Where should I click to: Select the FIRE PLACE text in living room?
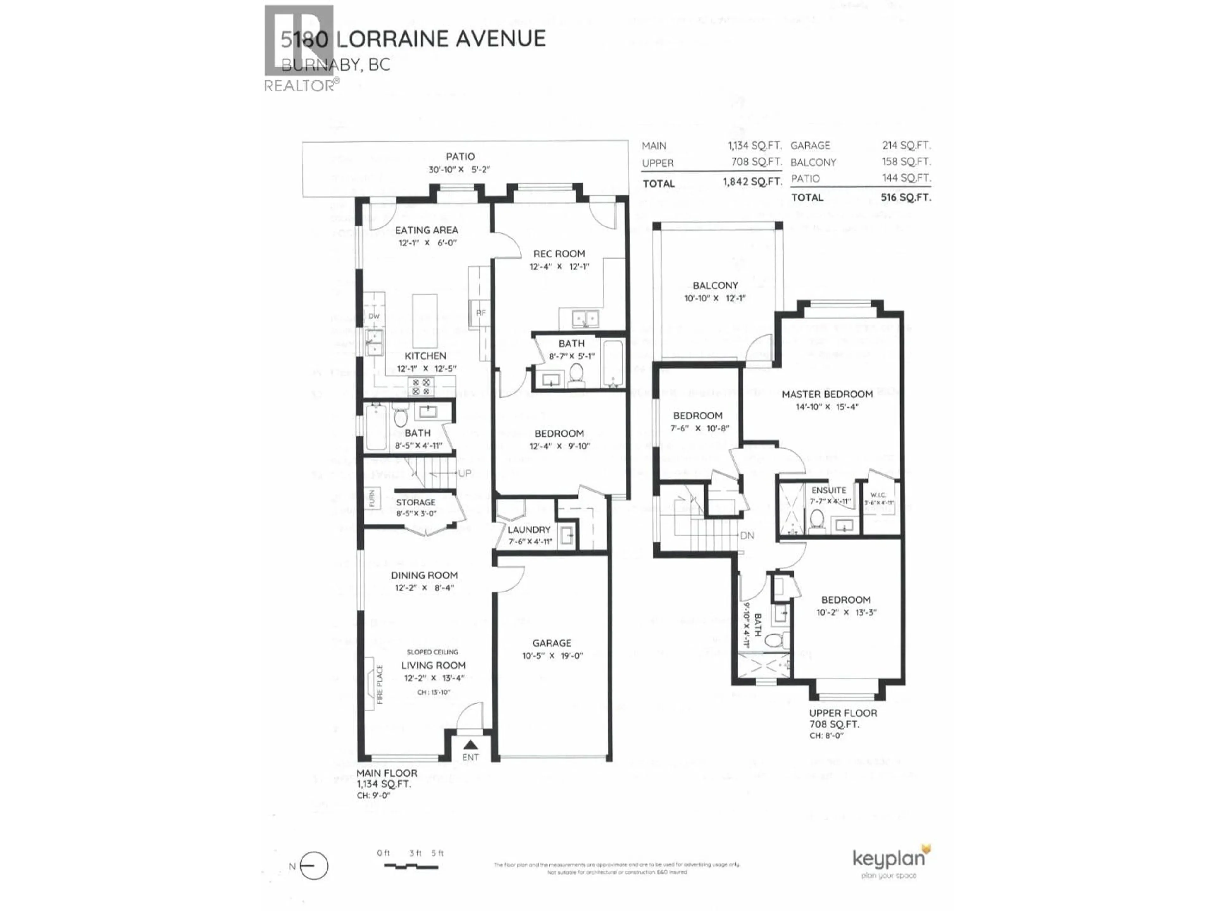[380, 684]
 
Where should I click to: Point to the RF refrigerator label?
[481, 313]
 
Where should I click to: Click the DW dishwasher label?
[374, 316]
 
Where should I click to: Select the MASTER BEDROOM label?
[827, 394]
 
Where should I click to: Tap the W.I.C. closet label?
[878, 495]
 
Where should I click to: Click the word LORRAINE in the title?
[394, 39]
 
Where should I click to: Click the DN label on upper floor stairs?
[747, 536]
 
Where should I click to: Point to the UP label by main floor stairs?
[465, 473]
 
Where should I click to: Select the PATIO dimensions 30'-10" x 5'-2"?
[459, 170]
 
